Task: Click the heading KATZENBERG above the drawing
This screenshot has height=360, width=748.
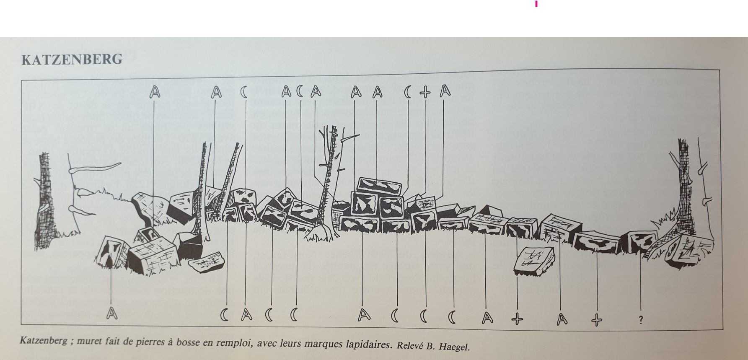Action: pos(72,60)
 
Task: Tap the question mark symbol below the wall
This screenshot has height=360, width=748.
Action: pos(641,320)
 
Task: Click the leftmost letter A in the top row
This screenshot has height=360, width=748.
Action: pos(155,92)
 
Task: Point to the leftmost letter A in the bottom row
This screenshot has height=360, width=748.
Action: pos(111,313)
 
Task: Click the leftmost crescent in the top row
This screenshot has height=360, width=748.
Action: pos(243,92)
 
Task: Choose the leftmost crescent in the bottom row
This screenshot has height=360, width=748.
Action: pos(225,315)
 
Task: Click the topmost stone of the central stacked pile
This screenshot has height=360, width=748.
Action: pos(379,186)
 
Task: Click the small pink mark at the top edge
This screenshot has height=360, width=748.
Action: pos(536,4)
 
